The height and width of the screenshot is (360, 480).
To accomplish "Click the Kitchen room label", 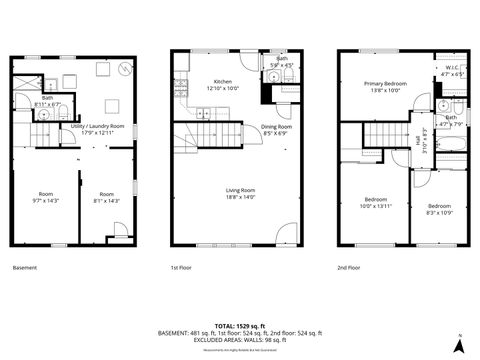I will tap(223, 83).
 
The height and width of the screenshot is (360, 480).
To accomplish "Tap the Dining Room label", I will tap(276, 128).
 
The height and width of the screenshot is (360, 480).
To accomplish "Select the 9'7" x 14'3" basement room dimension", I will tap(46, 200).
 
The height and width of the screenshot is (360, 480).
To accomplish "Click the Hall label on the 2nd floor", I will tap(419, 141).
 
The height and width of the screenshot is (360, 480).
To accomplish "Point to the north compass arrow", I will tap(458, 343).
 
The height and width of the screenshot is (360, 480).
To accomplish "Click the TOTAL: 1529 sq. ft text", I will tap(240, 325).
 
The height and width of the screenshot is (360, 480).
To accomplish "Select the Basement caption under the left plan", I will tap(25, 268).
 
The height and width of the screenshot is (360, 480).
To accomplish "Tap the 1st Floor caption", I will tap(181, 268).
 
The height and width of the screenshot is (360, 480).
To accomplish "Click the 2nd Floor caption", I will tap(349, 268).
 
